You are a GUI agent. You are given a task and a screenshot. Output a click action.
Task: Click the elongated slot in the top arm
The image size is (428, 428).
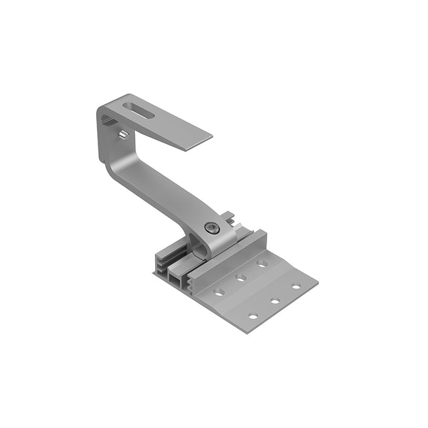(x=140, y=110)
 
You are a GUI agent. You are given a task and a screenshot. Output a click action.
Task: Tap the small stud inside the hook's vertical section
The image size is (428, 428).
(x=123, y=134)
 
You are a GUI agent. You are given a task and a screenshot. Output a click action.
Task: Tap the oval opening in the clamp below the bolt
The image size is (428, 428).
(x=201, y=247)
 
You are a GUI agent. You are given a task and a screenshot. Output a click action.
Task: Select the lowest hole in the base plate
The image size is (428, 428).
(x=253, y=316)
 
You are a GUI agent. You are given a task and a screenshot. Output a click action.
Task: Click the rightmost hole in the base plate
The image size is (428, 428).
(x=295, y=286)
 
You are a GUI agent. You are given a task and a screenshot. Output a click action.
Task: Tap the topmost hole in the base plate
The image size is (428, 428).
(x=261, y=263)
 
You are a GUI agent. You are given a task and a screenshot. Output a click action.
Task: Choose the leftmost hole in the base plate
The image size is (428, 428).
(x=218, y=292)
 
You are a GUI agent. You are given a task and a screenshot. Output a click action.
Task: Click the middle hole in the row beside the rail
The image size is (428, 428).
(x=241, y=277)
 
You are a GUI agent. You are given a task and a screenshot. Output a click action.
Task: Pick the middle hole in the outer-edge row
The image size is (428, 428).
(x=275, y=300)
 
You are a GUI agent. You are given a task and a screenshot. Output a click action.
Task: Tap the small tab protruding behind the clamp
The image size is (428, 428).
(x=229, y=215)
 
